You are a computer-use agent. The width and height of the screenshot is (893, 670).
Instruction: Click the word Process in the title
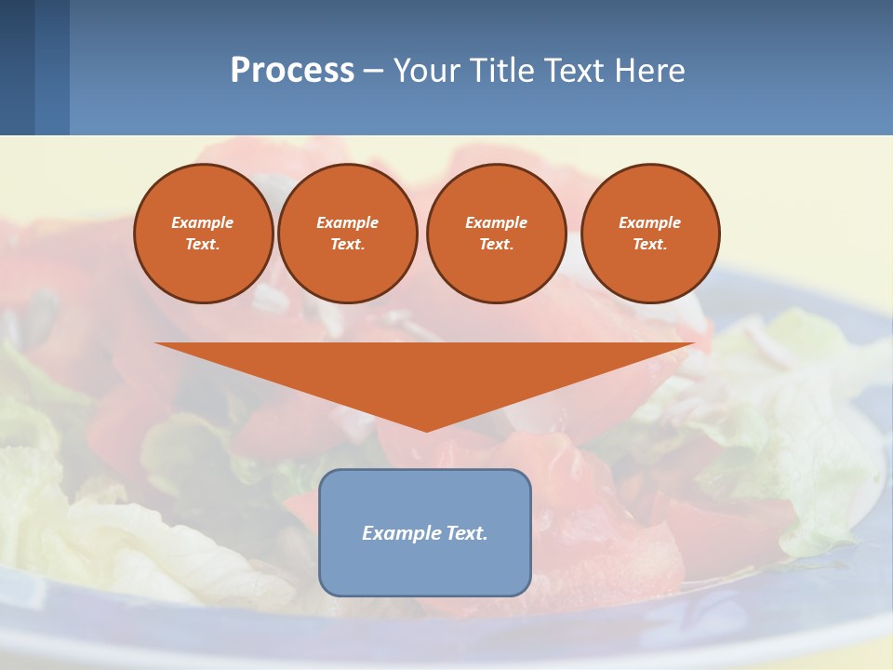click(292, 71)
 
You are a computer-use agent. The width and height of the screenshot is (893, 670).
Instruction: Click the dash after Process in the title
click(373, 72)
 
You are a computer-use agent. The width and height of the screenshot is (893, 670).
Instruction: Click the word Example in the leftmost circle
click(203, 222)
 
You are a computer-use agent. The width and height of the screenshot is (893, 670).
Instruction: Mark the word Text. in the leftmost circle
click(203, 245)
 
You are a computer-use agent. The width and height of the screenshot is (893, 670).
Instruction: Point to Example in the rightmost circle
click(650, 222)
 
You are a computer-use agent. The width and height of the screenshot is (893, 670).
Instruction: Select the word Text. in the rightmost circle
click(650, 245)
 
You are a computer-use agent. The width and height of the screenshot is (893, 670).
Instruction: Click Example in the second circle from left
click(348, 222)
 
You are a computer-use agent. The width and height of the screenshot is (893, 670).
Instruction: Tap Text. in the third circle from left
click(497, 245)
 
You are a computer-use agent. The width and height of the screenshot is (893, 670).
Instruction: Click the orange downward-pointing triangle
click(425, 372)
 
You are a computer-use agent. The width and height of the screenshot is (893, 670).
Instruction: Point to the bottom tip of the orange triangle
click(426, 429)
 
